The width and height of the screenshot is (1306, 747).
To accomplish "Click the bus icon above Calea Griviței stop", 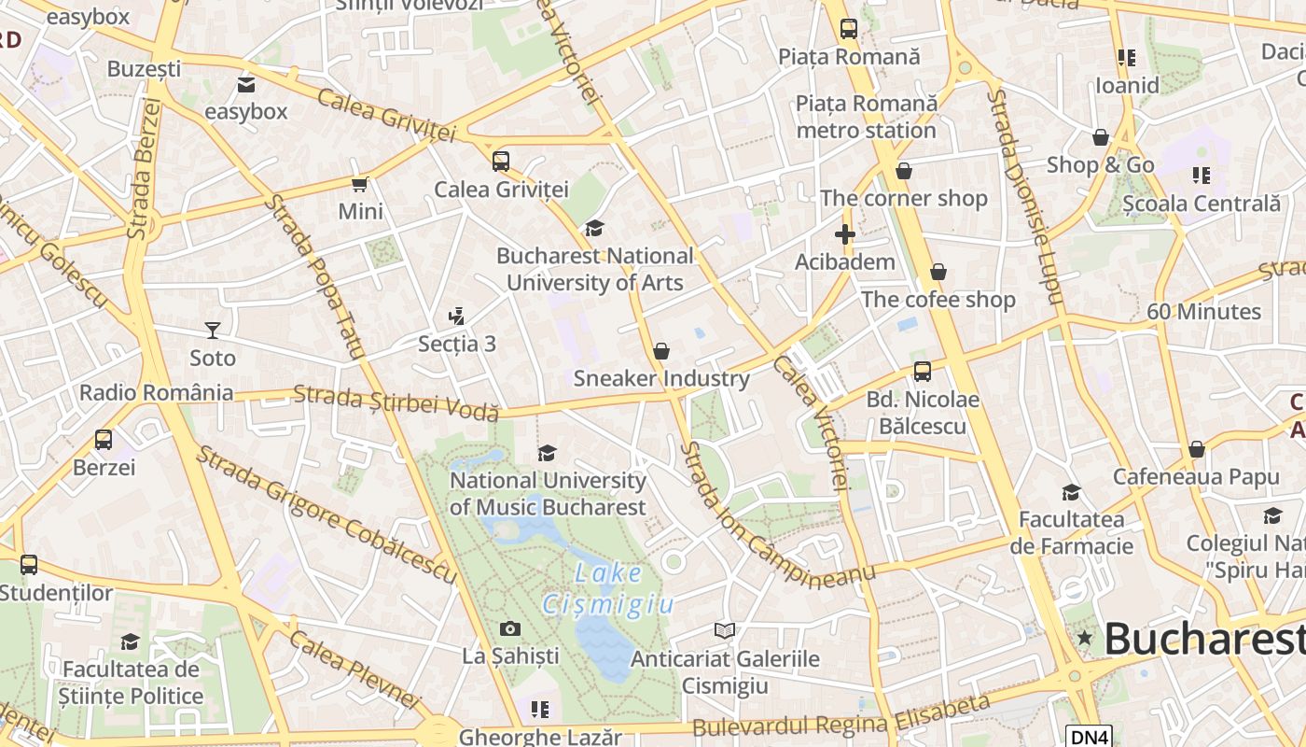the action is pyautogui.click(x=501, y=161).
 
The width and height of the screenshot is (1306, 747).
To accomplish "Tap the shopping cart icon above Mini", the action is pyautogui.click(x=359, y=184).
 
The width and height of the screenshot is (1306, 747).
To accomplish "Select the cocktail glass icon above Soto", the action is pyautogui.click(x=213, y=330).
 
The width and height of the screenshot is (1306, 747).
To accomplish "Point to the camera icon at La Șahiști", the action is pyautogui.click(x=509, y=628).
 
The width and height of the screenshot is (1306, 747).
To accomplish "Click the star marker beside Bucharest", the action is pyautogui.click(x=1084, y=639).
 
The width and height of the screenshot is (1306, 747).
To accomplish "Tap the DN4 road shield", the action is pyautogui.click(x=1089, y=737).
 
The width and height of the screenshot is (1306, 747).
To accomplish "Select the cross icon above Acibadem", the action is pyautogui.click(x=845, y=234).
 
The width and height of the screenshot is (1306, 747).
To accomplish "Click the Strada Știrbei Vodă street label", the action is pyautogui.click(x=396, y=402).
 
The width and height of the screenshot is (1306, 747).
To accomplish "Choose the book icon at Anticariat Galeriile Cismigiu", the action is pyautogui.click(x=725, y=630).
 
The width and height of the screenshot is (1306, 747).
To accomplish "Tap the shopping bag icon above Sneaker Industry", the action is pyautogui.click(x=661, y=351).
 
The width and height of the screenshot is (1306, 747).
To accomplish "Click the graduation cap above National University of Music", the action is pyautogui.click(x=548, y=453).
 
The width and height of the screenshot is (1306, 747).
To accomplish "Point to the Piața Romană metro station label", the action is pyautogui.click(x=866, y=117).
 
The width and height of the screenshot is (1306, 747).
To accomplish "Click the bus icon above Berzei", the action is pyautogui.click(x=104, y=439).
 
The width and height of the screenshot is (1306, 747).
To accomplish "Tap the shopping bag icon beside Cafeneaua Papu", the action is pyautogui.click(x=1197, y=449).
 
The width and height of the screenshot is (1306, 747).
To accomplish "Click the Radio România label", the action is pyautogui.click(x=157, y=392).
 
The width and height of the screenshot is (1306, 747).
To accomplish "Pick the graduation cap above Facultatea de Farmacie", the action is pyautogui.click(x=1071, y=492).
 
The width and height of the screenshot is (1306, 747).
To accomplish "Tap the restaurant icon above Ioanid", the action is pyautogui.click(x=1127, y=58).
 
